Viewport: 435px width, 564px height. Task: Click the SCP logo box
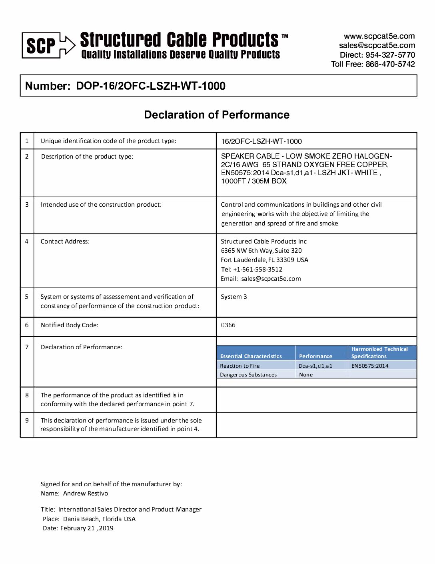coord(41,45)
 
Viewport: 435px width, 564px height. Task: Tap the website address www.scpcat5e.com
coord(379,36)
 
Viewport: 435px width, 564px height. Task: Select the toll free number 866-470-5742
coord(390,64)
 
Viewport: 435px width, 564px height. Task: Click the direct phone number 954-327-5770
coord(390,55)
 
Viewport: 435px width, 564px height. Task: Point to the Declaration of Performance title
coord(217,115)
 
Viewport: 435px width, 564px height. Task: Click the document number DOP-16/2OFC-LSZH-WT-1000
coord(151,86)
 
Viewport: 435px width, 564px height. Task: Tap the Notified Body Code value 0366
coord(228,325)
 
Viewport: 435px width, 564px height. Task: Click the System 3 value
coord(234,297)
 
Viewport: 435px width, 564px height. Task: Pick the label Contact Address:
coord(65,242)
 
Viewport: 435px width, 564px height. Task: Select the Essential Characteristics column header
coord(251,356)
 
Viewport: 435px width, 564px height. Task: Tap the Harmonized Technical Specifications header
coord(379,352)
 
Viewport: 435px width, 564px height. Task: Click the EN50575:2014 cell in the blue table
coord(370,366)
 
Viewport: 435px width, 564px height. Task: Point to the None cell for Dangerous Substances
coord(306,375)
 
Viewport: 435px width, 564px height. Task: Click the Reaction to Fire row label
coord(240,366)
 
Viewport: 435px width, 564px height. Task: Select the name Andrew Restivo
coord(86,493)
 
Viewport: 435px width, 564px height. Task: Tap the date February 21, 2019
coord(87,528)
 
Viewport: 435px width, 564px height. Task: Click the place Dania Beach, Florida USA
coord(99,519)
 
